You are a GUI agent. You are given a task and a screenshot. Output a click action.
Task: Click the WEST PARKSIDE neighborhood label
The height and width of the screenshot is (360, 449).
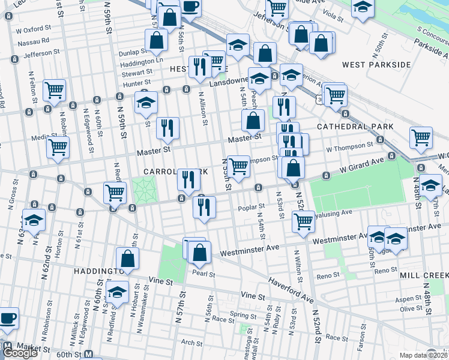376,64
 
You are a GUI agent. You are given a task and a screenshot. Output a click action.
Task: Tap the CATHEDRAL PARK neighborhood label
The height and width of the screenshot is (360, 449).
355,127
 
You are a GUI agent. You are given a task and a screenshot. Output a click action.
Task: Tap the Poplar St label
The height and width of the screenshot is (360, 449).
252,208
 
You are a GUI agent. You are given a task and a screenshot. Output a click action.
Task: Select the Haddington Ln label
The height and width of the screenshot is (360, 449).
142,62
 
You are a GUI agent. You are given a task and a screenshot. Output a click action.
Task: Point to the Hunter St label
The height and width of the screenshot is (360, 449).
136,84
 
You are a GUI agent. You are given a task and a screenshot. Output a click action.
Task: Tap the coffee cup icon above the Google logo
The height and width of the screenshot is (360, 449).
7,318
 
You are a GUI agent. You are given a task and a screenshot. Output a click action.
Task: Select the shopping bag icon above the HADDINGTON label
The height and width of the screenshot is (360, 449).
127,259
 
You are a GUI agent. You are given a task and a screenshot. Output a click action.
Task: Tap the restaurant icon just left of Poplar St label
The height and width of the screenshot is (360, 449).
204,208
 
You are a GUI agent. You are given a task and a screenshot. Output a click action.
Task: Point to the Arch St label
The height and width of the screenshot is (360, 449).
191,343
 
